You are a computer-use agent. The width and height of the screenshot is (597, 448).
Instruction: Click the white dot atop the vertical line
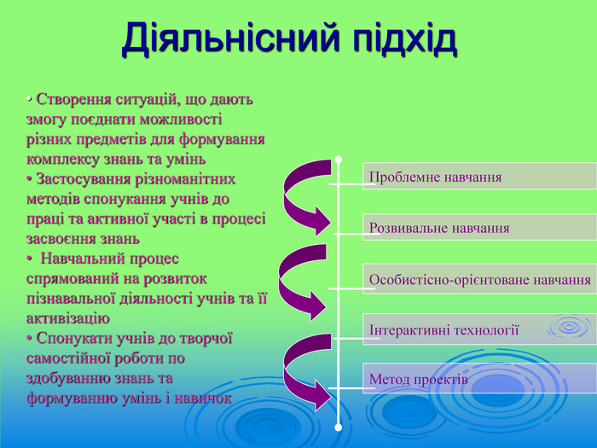[339, 159]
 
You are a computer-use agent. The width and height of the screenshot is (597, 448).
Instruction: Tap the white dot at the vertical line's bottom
[339, 426]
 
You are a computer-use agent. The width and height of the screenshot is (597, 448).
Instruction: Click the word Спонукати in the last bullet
[71, 338]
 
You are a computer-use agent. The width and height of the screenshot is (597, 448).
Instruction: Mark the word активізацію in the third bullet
[68, 318]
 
